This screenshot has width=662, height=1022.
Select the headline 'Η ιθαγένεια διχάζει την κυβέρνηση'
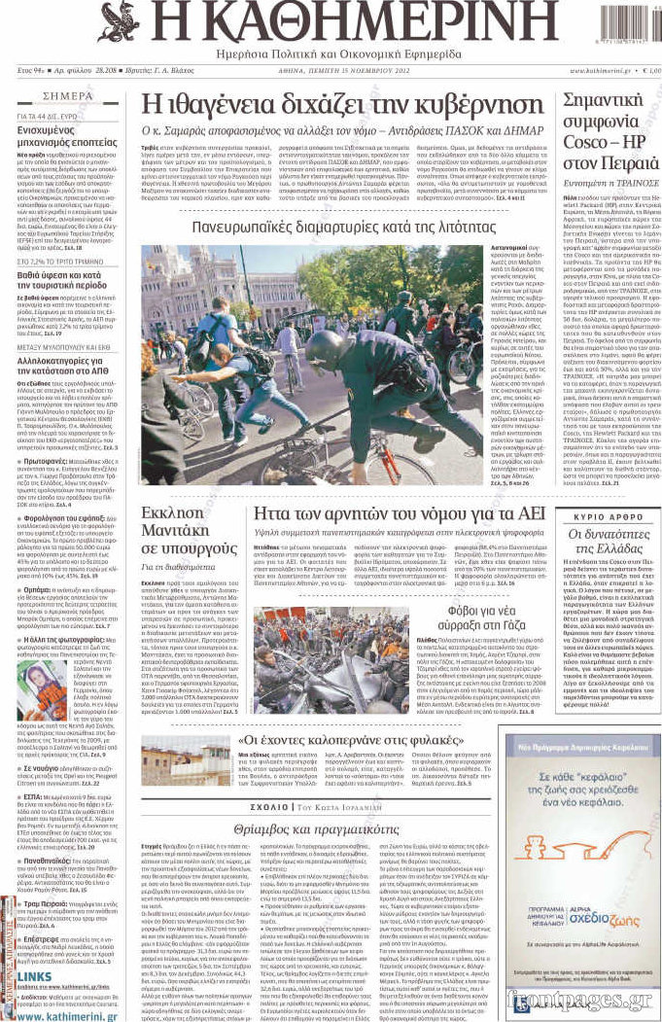point(341,104)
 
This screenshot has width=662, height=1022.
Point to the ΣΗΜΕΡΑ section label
point(68,97)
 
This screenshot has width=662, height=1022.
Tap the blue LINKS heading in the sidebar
point(34,976)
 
